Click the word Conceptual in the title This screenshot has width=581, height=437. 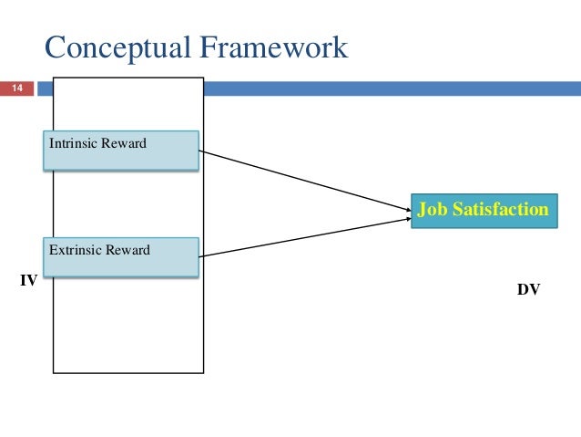(117, 47)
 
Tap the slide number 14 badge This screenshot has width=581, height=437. (16, 88)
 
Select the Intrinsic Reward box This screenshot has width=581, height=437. (120, 151)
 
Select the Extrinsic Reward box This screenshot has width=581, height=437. (120, 256)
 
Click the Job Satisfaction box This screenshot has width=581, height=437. (482, 211)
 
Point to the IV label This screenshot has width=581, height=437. (28, 281)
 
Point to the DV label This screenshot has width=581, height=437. (528, 290)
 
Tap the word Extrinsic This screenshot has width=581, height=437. (72, 249)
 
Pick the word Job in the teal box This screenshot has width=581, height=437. (431, 211)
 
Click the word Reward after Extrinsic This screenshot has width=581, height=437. (125, 249)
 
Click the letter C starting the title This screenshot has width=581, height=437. (56, 47)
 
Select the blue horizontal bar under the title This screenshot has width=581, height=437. (392, 88)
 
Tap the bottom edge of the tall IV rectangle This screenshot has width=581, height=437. (128, 372)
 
